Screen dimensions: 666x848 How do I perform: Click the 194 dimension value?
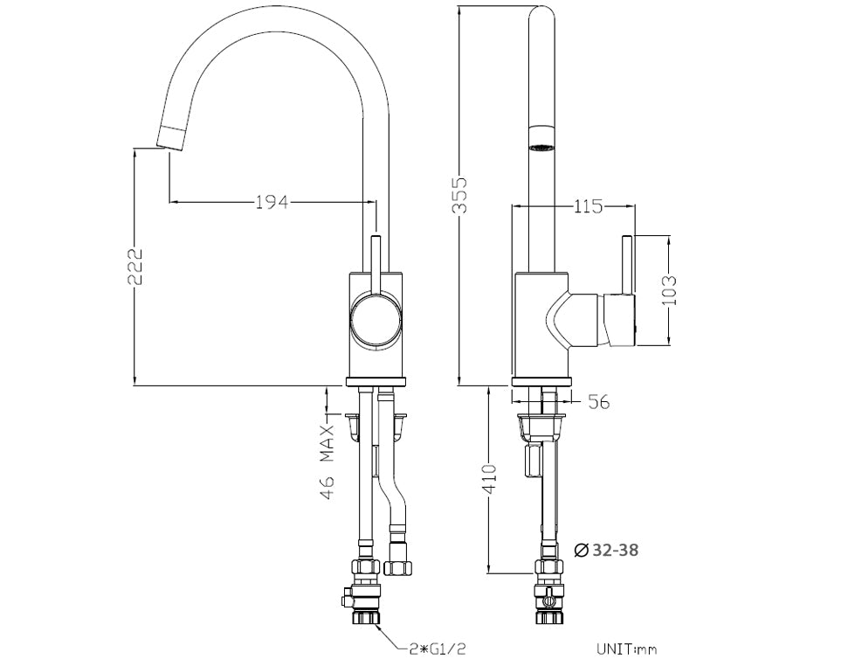(272, 203)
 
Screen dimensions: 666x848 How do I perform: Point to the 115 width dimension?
(588, 207)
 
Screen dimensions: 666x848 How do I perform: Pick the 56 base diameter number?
(598, 402)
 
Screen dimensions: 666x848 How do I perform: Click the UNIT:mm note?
(626, 649)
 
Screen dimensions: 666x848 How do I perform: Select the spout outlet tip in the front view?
(170, 137)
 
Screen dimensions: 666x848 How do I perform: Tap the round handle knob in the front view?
(375, 320)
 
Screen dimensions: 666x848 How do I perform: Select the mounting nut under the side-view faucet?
(541, 427)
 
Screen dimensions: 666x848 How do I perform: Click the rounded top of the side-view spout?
(541, 12)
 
